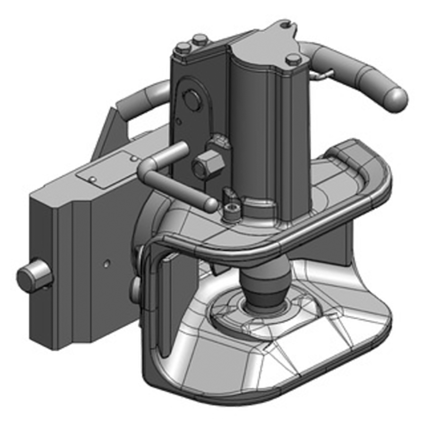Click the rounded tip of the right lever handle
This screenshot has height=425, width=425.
(x=397, y=99)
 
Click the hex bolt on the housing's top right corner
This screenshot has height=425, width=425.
(x=293, y=59)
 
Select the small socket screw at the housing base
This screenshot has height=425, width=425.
(x=232, y=212)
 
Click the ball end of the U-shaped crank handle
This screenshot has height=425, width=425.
(x=211, y=204)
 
